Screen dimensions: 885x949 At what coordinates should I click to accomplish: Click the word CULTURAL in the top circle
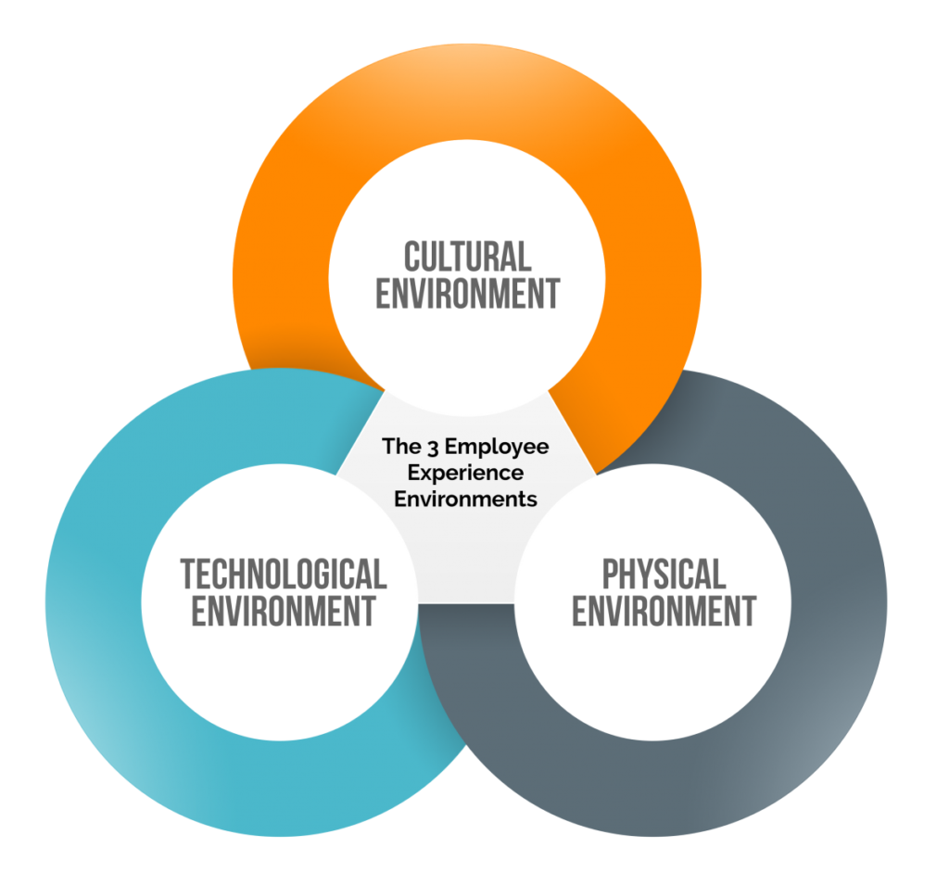click(468, 257)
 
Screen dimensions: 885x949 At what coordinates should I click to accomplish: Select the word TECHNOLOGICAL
click(284, 575)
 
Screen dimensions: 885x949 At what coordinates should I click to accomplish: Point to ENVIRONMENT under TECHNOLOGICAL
click(284, 612)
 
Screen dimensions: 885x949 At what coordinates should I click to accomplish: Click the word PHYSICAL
click(664, 575)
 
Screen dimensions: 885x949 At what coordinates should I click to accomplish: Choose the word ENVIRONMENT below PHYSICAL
click(664, 612)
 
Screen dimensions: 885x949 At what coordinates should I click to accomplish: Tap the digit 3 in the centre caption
click(431, 447)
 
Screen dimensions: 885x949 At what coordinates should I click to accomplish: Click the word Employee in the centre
click(498, 448)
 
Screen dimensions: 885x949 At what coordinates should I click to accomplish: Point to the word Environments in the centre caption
click(466, 499)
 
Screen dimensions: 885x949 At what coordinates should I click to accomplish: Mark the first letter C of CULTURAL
click(411, 257)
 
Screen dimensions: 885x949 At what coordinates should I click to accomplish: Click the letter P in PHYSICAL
click(612, 575)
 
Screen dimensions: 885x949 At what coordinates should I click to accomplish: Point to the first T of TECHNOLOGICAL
click(188, 575)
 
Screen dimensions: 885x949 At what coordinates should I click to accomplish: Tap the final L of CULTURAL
click(525, 257)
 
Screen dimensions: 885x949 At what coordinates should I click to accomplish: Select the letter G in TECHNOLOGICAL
click(325, 575)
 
